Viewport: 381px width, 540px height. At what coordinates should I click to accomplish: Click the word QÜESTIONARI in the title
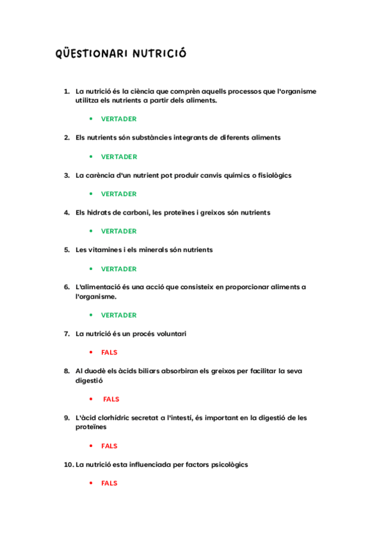pos(92,53)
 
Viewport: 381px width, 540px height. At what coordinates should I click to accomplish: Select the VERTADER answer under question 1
pos(118,119)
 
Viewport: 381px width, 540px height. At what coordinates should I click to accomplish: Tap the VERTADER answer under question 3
pos(118,194)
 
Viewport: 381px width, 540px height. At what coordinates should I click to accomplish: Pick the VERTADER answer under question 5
pos(118,269)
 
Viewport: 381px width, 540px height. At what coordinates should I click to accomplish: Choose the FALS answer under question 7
pos(109,352)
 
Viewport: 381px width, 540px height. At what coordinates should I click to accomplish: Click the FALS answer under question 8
pos(111,399)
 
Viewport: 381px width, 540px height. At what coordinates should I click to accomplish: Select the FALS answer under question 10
pos(109,483)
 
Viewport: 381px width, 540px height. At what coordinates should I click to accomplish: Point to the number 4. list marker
pos(67,213)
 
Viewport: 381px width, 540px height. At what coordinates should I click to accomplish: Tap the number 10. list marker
pos(69,465)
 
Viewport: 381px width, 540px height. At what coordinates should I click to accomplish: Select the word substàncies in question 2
pos(153,138)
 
